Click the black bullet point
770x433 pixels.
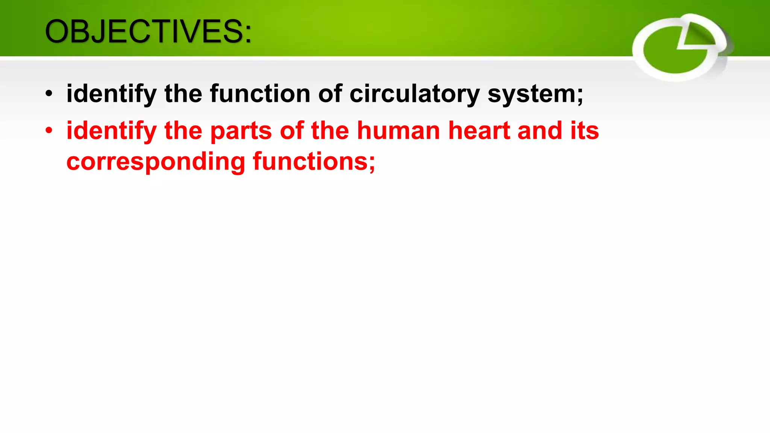[x=49, y=94]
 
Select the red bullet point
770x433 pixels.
[x=49, y=131]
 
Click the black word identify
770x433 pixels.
[x=111, y=94]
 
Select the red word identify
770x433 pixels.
[x=111, y=131]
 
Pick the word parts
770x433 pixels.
[x=241, y=131]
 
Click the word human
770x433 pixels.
[x=398, y=131]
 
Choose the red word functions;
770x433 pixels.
[x=314, y=162]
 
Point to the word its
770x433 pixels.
[x=585, y=131]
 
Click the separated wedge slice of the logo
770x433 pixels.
[x=699, y=36]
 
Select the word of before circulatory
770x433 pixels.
[x=330, y=94]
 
